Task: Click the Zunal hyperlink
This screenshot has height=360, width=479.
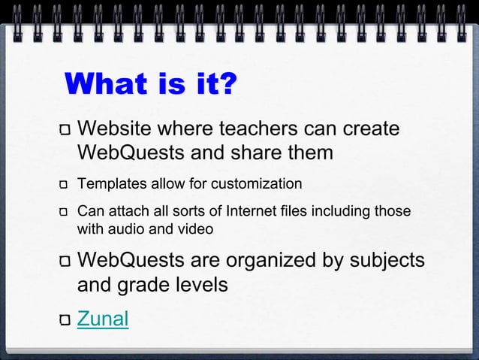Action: [x=103, y=319]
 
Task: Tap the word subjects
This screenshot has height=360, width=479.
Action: [x=387, y=261]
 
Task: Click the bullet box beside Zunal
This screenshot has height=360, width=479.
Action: [x=65, y=321]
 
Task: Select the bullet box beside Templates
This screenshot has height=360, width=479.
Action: [x=65, y=185]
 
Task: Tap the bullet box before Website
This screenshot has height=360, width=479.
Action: [x=65, y=131]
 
